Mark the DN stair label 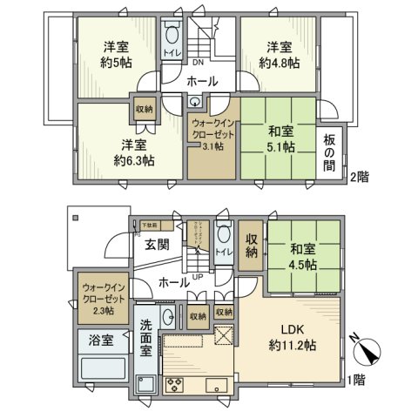coord(198,63)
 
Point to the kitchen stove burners coord(172,385)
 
